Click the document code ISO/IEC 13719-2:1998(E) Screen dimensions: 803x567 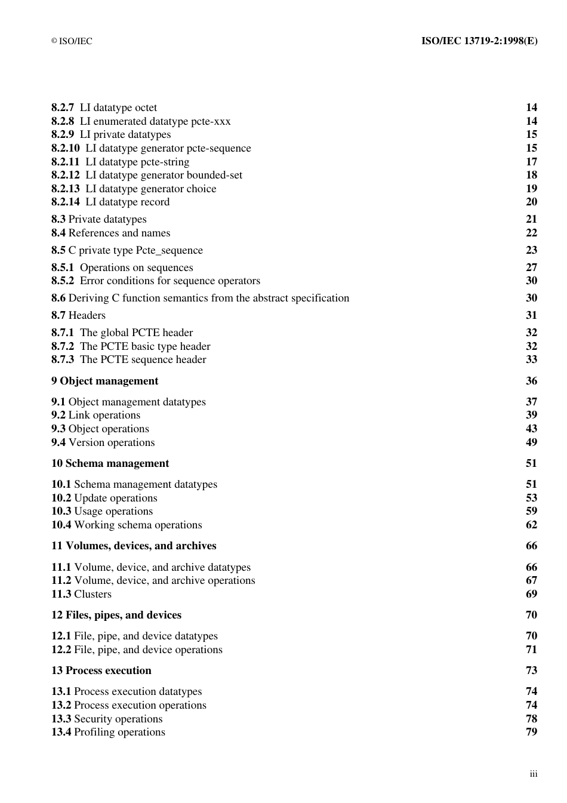479,41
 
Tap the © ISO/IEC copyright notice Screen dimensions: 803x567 72,41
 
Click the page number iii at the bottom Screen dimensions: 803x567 533,774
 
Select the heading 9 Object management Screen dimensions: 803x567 104,381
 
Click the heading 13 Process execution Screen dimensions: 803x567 101,670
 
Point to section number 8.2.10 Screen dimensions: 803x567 65,148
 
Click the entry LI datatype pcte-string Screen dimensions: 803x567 137,162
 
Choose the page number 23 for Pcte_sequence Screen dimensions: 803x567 531,250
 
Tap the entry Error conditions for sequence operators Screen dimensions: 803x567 170,281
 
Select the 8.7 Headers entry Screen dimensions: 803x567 78,315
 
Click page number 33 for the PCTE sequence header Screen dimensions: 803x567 531,359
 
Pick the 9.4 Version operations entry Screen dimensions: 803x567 103,442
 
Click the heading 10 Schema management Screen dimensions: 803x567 110,463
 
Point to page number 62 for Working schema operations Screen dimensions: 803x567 531,525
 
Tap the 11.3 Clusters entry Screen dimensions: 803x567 81,594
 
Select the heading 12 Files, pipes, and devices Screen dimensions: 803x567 116,615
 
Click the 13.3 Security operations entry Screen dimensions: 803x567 107,719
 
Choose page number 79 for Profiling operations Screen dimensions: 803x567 531,732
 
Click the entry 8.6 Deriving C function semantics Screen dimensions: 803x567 200,298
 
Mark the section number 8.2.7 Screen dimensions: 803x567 63,107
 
